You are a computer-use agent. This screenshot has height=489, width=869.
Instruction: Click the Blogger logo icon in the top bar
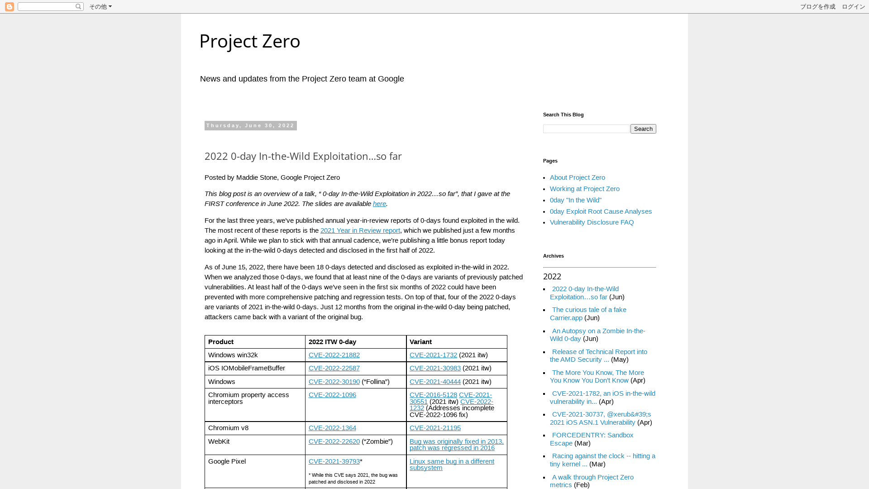click(x=10, y=7)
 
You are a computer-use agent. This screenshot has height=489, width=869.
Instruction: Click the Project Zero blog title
click(x=249, y=41)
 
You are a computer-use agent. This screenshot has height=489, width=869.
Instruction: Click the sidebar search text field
click(x=586, y=129)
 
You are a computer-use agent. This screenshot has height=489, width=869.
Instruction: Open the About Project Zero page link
click(x=577, y=177)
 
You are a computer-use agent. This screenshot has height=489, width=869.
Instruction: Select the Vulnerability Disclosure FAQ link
click(x=592, y=222)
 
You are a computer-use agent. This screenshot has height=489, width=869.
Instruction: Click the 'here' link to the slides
click(x=379, y=204)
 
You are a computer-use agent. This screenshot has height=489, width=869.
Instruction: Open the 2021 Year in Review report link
click(x=360, y=230)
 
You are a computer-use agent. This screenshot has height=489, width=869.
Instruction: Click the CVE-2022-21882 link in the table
click(x=334, y=355)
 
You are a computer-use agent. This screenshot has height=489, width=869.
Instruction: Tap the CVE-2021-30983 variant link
click(x=434, y=368)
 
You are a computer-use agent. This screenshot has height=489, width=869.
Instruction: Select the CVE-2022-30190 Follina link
click(x=334, y=382)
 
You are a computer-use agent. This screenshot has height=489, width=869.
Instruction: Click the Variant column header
click(x=420, y=342)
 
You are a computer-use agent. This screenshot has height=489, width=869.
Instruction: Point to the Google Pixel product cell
click(x=227, y=461)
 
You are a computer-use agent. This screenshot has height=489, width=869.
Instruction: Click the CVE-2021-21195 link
click(x=434, y=428)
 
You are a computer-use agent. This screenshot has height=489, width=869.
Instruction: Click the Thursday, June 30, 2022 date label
click(x=250, y=125)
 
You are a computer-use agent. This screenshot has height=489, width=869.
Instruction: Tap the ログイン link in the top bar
click(x=853, y=7)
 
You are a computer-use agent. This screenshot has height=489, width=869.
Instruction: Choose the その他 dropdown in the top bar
click(x=100, y=7)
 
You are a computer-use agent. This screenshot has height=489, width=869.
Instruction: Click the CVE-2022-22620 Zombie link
click(x=334, y=441)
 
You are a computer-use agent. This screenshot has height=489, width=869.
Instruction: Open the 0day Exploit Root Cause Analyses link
click(x=601, y=211)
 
